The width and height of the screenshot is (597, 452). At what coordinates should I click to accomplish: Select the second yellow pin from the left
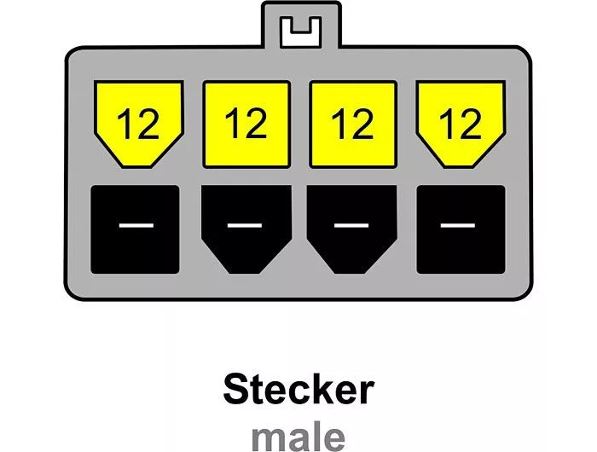[246, 125]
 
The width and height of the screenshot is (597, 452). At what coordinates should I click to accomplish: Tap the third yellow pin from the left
[353, 125]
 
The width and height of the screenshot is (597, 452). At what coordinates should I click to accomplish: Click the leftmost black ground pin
[135, 229]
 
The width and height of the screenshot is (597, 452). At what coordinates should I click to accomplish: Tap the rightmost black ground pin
[461, 229]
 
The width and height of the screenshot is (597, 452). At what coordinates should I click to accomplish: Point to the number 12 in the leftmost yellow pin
[138, 124]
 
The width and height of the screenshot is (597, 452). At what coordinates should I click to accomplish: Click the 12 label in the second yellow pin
[246, 123]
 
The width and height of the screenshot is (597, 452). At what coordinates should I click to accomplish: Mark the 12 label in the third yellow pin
[352, 123]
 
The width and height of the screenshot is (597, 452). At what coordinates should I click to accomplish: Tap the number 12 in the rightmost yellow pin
[461, 124]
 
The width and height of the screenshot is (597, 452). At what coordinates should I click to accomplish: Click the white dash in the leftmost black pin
[136, 226]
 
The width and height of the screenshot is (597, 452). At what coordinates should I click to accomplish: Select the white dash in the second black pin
[245, 225]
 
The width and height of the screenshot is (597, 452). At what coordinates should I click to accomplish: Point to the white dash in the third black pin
[351, 225]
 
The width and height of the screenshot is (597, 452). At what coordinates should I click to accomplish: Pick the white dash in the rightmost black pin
[458, 225]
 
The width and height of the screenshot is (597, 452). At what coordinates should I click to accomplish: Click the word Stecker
[298, 389]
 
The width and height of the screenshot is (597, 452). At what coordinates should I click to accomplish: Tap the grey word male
[298, 438]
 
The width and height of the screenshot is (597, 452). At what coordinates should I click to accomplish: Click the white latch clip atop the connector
[301, 32]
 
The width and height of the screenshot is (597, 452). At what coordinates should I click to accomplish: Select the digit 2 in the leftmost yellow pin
[147, 124]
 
